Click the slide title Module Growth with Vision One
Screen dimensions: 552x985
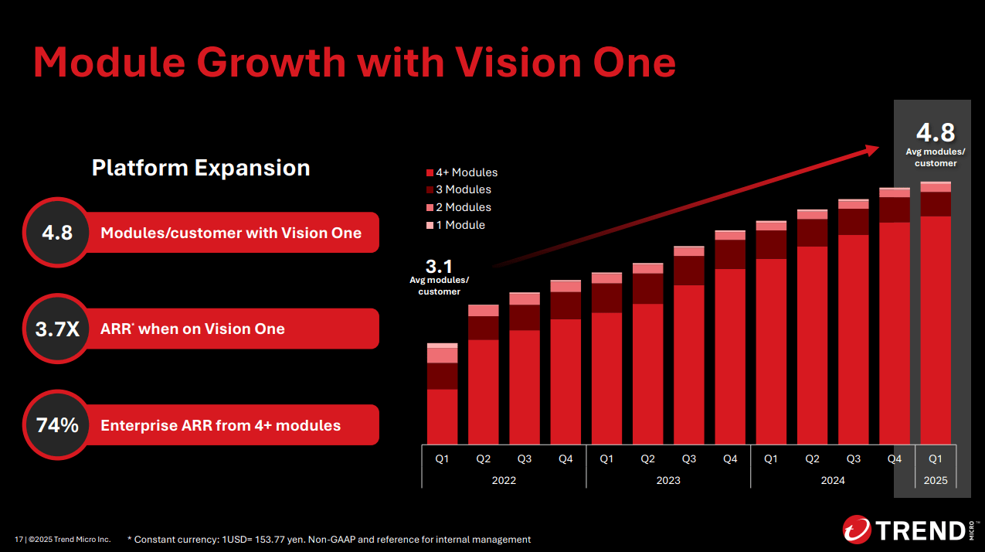[354, 62]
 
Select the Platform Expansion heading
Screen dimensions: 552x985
[201, 168]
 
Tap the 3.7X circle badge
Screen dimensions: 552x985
[57, 329]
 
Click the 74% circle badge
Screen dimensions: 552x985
[57, 424]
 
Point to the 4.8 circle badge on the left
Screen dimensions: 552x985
[57, 232]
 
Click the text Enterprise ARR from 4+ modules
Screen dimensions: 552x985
[220, 425]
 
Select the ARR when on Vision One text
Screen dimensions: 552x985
[192, 329]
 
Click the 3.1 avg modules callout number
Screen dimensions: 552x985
[439, 267]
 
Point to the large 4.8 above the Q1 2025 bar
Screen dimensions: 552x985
[935, 131]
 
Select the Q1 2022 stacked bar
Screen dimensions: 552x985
[443, 394]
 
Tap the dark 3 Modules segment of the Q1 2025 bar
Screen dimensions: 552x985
[935, 204]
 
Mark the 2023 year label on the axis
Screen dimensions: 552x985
[668, 480]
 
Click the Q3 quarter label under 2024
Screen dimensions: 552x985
[853, 458]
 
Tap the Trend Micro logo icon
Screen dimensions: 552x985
[856, 530]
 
